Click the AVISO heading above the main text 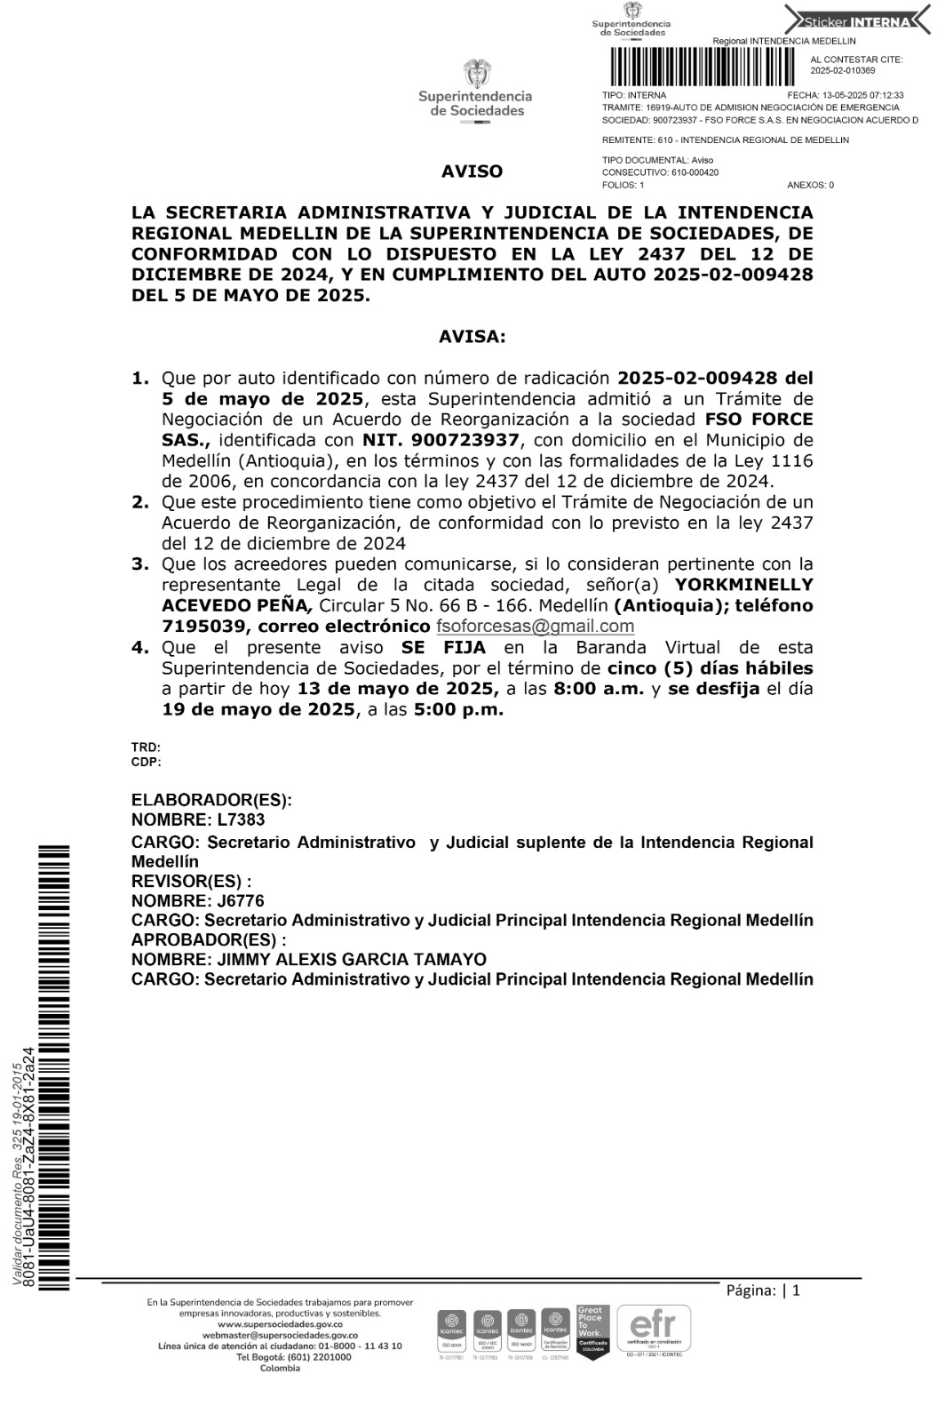pos(472,172)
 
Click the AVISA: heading pos(472,337)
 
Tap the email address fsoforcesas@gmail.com pos(535,626)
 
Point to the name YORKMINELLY pos(744,585)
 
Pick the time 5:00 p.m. pos(458,709)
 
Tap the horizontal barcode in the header pos(701,65)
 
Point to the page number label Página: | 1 pos(763,1290)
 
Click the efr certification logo pos(653,1329)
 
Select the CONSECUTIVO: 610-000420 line pos(660,172)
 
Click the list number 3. pos(139,564)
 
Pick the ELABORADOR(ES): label pos(211,800)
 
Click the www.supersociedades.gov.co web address pos(280,1324)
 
